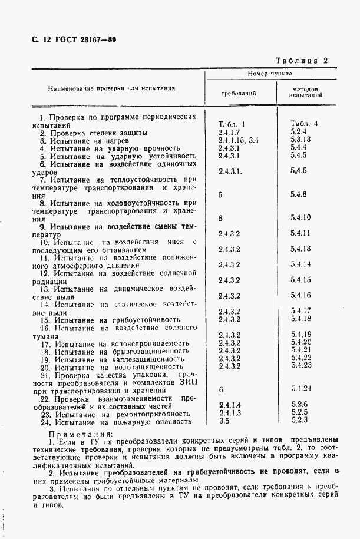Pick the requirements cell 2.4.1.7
230,131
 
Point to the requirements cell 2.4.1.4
230,405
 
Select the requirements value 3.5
223,421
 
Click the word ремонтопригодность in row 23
151,414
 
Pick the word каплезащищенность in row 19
148,358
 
